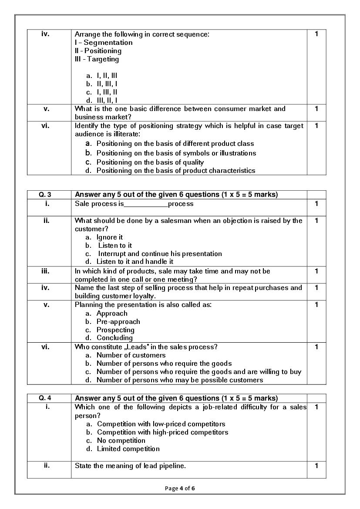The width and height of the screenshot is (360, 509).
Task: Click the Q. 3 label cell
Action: click(49, 195)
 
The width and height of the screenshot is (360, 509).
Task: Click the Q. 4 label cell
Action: click(49, 398)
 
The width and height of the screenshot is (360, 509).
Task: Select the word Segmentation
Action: click(108, 43)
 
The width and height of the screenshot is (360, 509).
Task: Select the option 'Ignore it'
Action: click(110, 237)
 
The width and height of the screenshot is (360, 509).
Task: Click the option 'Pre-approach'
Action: click(118, 322)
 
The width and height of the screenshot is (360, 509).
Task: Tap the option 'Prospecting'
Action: click(115, 330)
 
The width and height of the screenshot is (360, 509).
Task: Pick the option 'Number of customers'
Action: click(131, 355)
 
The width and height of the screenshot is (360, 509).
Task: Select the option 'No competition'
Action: click(121, 441)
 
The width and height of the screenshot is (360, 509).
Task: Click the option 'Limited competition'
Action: click(128, 449)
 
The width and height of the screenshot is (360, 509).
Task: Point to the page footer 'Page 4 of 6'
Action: click(180, 488)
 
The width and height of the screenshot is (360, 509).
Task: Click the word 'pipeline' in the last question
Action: click(170, 466)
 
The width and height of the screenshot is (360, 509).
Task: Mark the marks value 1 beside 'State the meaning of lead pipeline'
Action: click(316, 466)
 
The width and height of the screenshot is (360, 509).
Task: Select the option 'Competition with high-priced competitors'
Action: click(162, 432)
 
